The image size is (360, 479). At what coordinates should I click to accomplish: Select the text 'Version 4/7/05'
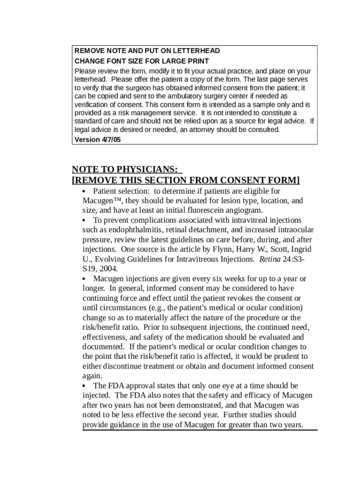tap(98, 139)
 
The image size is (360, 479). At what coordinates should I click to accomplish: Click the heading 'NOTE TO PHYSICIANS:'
tap(124, 169)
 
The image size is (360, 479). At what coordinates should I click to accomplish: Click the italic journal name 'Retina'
tap(270, 259)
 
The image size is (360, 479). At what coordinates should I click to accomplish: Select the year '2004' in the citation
tap(108, 269)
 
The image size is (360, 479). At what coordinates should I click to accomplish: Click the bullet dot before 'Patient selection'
tap(84, 191)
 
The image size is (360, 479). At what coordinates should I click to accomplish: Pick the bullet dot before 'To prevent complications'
tap(84, 220)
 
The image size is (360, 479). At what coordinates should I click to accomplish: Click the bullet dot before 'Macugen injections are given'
tap(84, 279)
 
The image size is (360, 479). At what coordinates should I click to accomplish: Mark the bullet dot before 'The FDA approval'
tap(84, 386)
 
